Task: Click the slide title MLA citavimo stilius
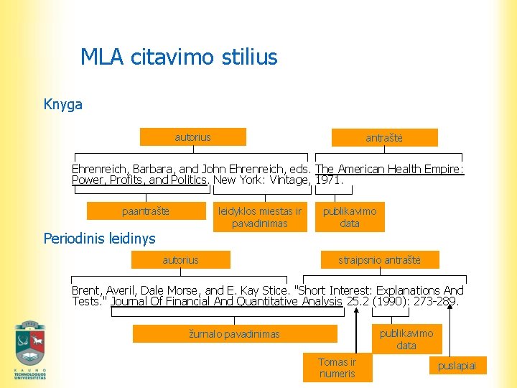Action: click(x=179, y=57)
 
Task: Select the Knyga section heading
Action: click(x=63, y=104)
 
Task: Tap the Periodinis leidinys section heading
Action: click(x=99, y=238)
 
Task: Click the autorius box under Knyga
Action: click(x=192, y=137)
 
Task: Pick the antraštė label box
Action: click(x=384, y=137)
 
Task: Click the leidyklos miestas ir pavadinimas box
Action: click(x=259, y=217)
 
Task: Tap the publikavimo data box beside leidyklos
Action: click(x=350, y=217)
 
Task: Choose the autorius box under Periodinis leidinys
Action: click(x=180, y=259)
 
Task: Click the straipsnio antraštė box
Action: click(x=379, y=259)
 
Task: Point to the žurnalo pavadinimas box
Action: click(x=235, y=333)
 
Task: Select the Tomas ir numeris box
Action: click(x=337, y=367)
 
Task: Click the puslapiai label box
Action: click(x=457, y=366)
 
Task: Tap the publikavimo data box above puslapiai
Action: click(x=406, y=339)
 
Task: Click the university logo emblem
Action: click(x=30, y=348)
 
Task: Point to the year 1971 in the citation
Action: click(x=330, y=180)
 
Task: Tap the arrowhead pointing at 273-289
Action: click(x=451, y=305)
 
